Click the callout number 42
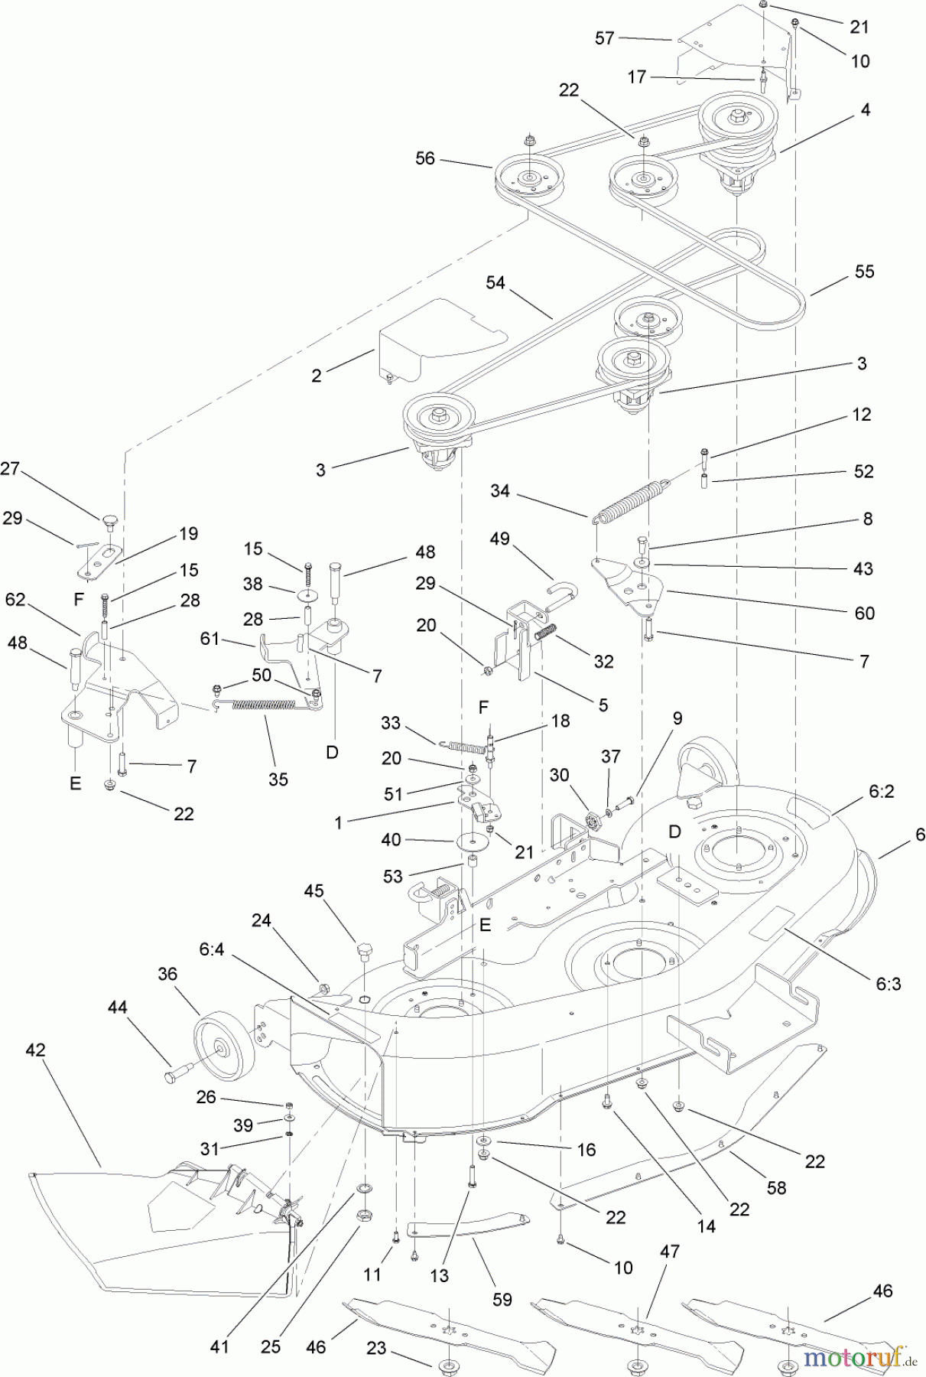coord(35,1050)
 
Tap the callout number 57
coord(604,37)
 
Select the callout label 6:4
coord(212,949)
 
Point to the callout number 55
coord(864,272)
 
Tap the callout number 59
coord(502,1299)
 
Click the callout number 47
coord(670,1252)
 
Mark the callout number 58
coord(776,1187)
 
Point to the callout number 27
coord(10,469)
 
